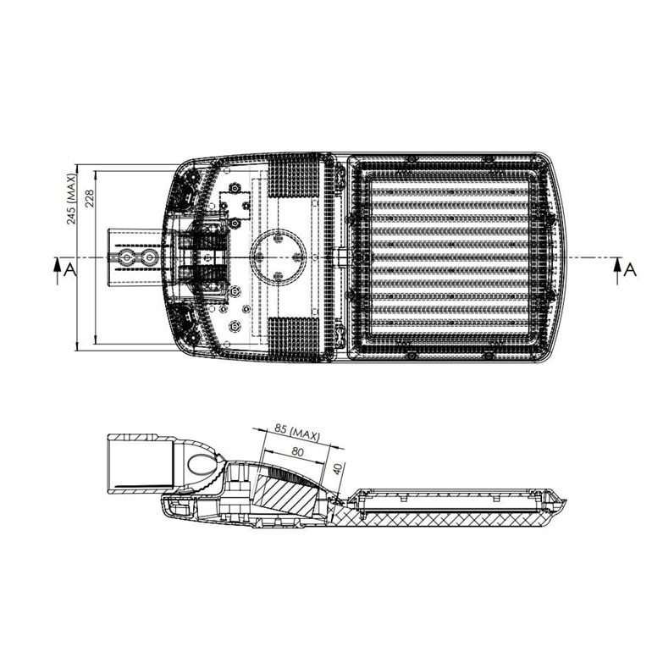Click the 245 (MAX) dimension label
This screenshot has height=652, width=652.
point(72,200)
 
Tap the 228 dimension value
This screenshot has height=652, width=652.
point(90,198)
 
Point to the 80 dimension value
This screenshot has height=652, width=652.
point(298,452)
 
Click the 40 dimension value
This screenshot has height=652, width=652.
point(339,469)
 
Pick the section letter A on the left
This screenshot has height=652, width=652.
point(70,270)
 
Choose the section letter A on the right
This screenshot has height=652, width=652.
point(630,270)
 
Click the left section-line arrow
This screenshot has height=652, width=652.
point(58,271)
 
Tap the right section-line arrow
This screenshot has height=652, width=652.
point(617,271)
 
